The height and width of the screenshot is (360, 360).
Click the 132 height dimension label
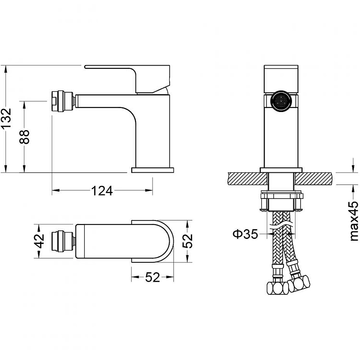coord(6,118)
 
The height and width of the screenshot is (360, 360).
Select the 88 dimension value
coord(24,137)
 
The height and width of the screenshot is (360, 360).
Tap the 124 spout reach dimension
coord(102,191)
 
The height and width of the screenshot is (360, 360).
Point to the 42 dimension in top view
coord(39,241)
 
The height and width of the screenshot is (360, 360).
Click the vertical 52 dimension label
coord(187,241)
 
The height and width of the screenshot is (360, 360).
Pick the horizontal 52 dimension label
coord(153,277)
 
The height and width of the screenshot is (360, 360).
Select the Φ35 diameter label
coord(245,234)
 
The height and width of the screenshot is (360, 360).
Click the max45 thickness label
coord(354,221)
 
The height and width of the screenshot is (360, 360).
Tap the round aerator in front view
coord(281,101)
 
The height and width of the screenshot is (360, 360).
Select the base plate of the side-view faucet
coord(153,170)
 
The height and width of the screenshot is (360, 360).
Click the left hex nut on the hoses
coord(278,288)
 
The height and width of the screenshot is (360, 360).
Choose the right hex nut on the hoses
coord(299,284)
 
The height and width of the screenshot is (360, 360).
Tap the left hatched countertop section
coord(248,179)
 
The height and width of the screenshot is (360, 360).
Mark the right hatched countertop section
coord(314,179)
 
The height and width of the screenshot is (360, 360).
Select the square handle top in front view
coord(281,80)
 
